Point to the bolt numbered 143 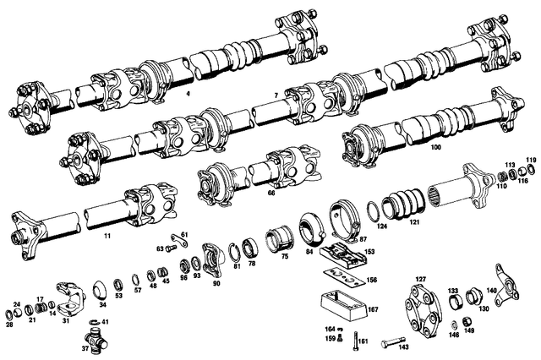(x=384, y=342)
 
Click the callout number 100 (x=435, y=147)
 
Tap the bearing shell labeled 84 (x=308, y=232)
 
